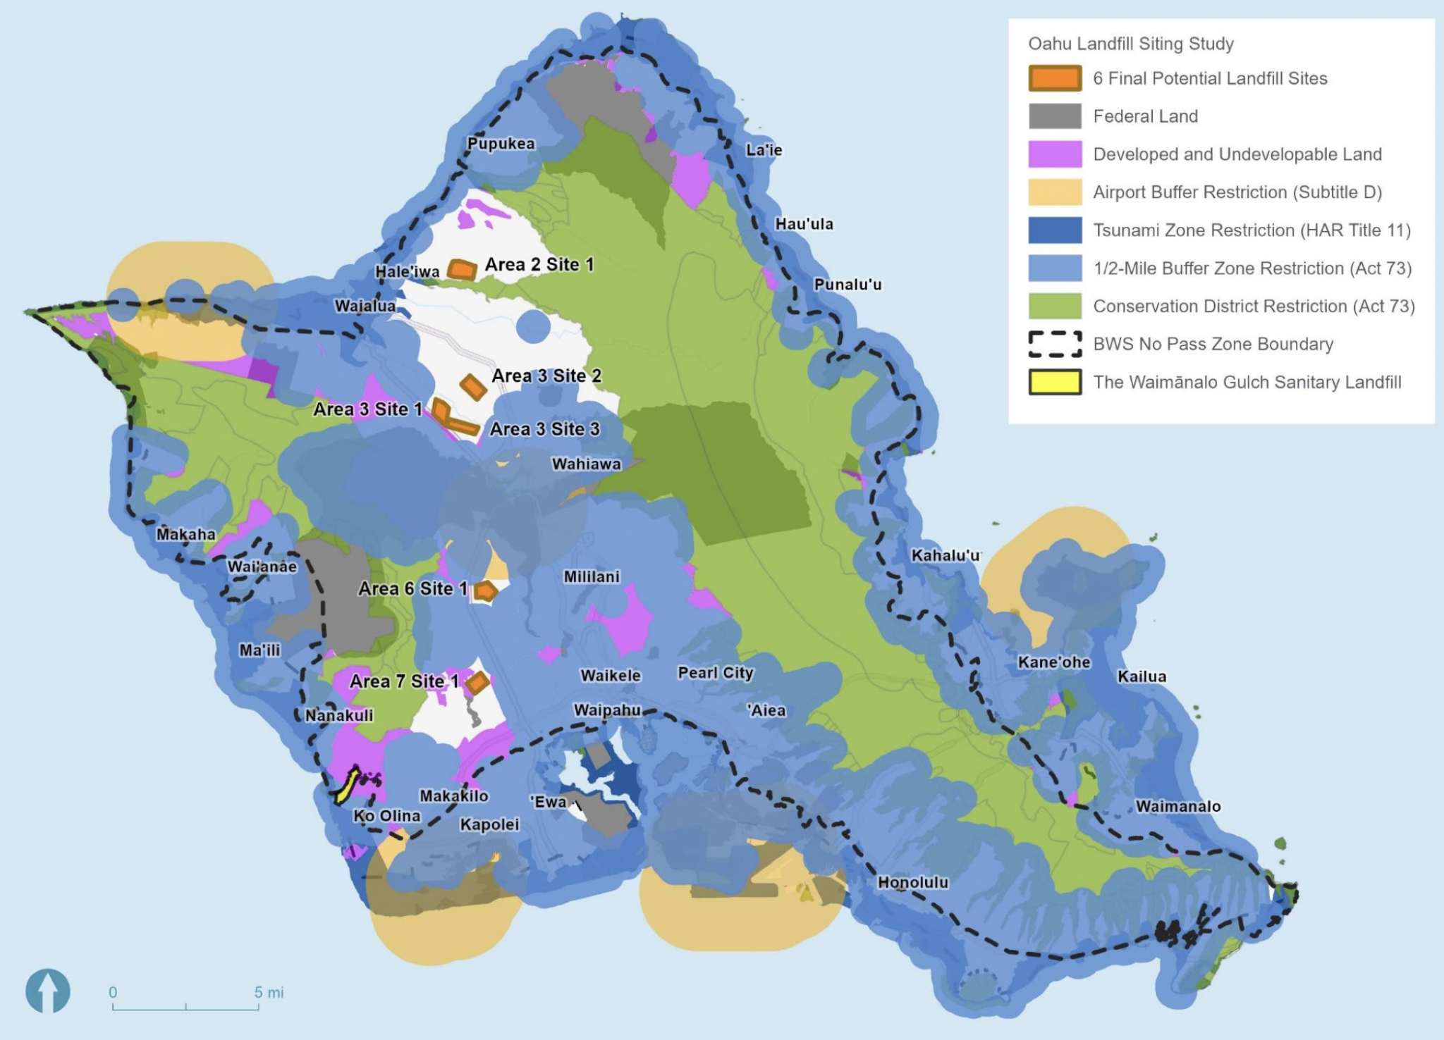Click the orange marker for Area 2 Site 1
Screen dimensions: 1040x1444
point(462,269)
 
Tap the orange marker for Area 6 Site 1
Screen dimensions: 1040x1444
point(485,591)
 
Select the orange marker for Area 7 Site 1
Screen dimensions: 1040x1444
point(477,682)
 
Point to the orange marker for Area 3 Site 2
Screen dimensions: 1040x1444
point(473,386)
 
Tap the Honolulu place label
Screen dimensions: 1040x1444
point(912,882)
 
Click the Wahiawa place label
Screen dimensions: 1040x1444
point(586,464)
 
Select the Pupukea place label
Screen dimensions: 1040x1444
point(501,144)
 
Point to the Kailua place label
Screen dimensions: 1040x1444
point(1142,676)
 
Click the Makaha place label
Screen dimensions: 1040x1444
point(185,534)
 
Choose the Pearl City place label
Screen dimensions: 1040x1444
point(715,673)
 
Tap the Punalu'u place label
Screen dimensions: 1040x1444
point(848,285)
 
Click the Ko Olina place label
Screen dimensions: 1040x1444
point(386,816)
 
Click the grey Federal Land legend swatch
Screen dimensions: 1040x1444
point(1055,116)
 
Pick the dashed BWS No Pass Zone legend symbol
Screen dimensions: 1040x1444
point(1055,344)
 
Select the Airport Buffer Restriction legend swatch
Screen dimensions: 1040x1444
point(1055,192)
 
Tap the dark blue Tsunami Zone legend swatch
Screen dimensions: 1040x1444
point(1055,230)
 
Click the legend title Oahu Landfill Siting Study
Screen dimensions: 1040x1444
point(1130,44)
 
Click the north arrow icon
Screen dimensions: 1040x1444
point(48,991)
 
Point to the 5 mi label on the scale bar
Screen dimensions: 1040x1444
point(269,992)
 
